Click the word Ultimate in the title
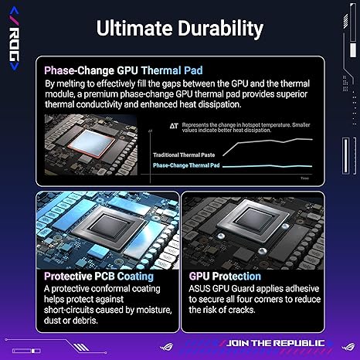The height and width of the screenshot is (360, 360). [133, 29]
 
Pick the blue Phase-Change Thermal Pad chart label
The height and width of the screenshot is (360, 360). [187, 165]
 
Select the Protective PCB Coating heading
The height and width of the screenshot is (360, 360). [98, 276]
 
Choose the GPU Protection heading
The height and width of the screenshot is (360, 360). [225, 276]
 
